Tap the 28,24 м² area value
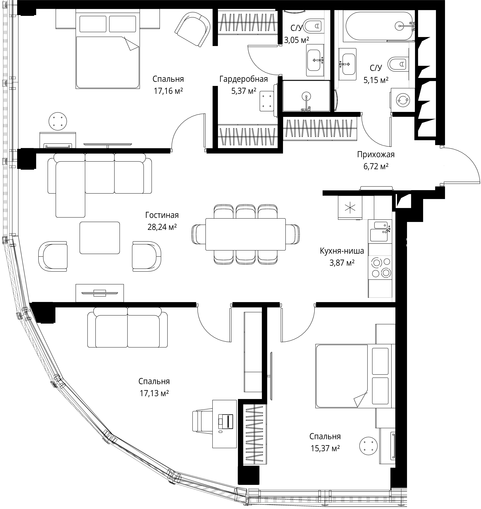pos(162,227)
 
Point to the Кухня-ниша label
pos(342,251)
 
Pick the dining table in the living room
pos(245,234)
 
